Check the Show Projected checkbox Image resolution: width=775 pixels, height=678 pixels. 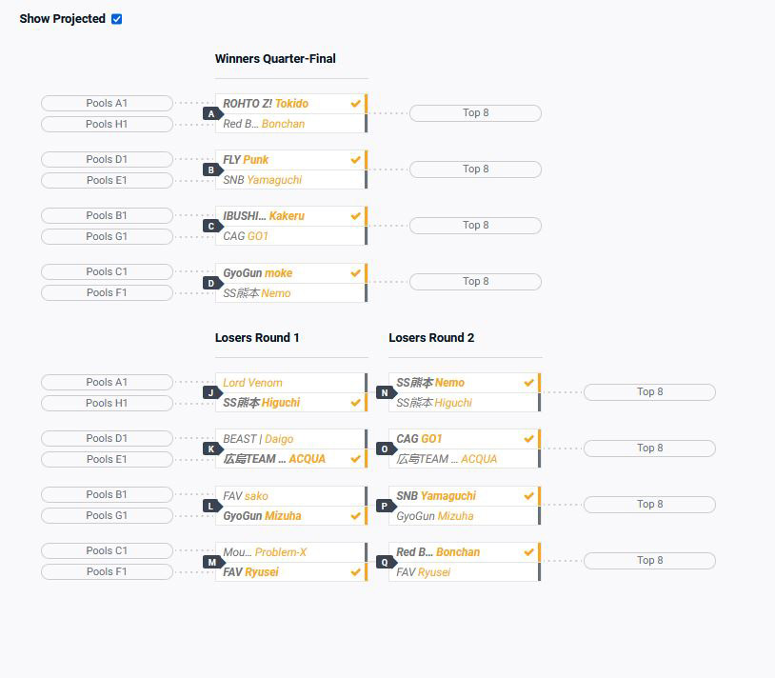pos(116,19)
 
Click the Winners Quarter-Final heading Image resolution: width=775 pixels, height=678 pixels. pos(275,59)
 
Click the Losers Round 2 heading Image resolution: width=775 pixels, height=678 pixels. pos(431,338)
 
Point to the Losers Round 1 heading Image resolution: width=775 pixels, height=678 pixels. pos(257,338)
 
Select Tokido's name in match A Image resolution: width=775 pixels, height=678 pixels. pos(291,104)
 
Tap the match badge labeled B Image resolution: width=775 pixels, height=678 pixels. pos(210,170)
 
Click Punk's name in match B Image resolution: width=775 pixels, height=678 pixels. pos(255,160)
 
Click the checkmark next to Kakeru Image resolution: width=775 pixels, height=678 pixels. pos(355,216)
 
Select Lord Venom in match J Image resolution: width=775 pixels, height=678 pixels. pos(252,383)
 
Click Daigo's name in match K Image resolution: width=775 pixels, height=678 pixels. pos(278,439)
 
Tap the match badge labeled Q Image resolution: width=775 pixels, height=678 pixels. pos(384,562)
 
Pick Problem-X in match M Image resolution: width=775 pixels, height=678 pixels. pos(281,552)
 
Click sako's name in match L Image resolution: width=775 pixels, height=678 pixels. pos(256,496)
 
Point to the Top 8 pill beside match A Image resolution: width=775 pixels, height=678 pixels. pos(475,113)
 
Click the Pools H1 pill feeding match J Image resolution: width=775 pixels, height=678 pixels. pos(107,404)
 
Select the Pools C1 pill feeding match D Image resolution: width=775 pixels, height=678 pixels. pos(107,272)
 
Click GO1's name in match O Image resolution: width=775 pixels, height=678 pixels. pos(431,439)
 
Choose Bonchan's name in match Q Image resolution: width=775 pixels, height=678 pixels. pos(458,552)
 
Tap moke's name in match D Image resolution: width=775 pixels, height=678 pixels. pos(278,273)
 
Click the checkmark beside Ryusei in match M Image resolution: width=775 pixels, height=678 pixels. pos(355,572)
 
